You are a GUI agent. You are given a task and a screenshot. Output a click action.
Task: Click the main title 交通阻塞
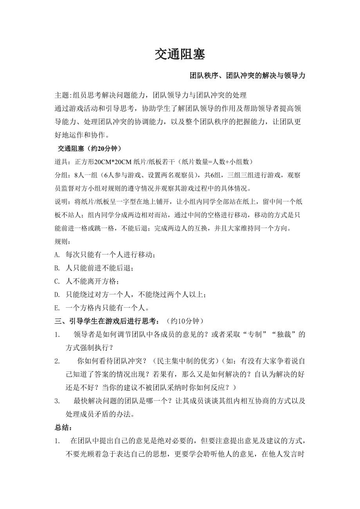tap(180, 54)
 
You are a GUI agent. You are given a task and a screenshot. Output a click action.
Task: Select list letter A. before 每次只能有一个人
tap(58, 255)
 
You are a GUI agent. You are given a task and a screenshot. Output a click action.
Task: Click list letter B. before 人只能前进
tap(58, 268)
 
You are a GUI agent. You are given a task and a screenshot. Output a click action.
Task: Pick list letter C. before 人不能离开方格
tap(58, 281)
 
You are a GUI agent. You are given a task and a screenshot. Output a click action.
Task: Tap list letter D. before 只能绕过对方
tap(58, 295)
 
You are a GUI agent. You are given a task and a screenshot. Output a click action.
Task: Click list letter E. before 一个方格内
tap(58, 308)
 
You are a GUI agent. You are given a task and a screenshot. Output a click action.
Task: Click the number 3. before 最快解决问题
tap(57, 401)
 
